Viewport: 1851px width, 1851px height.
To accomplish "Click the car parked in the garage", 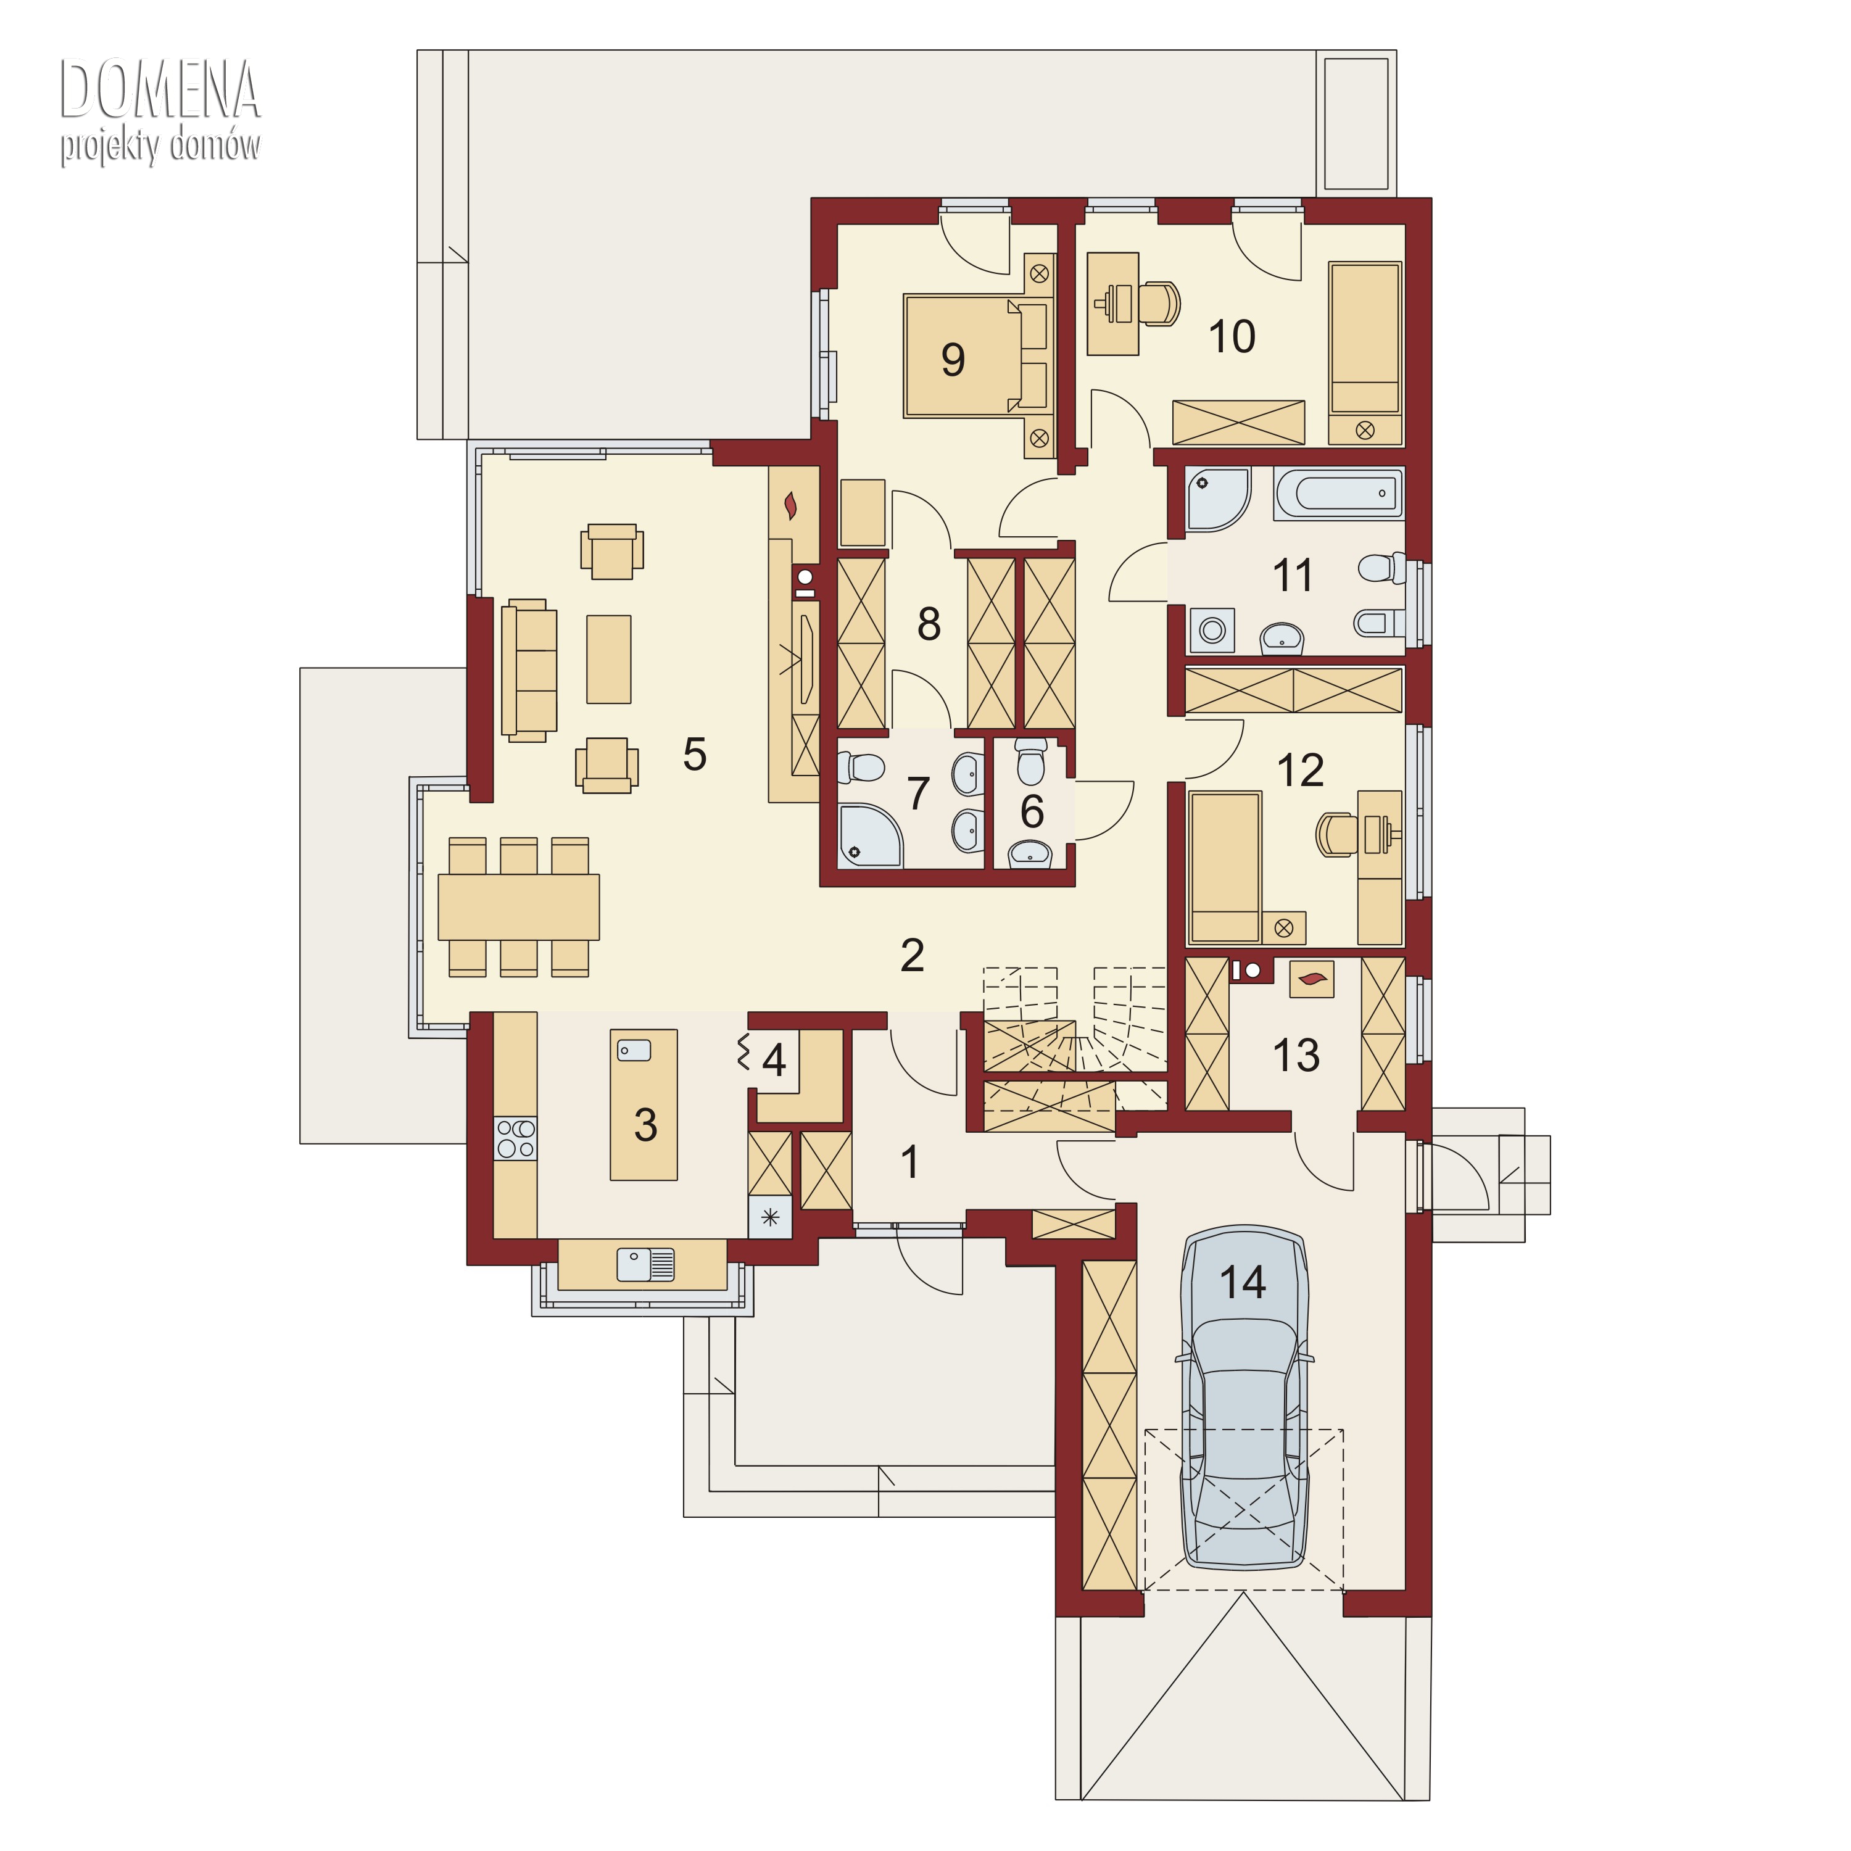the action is (1244, 1398).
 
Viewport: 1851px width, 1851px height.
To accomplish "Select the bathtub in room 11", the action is (1338, 494).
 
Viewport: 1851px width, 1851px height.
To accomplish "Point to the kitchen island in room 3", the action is (644, 1104).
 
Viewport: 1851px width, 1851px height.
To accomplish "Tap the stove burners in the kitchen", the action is (515, 1139).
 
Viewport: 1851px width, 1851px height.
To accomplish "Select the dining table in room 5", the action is (518, 906).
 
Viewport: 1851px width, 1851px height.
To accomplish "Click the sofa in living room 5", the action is (529, 671).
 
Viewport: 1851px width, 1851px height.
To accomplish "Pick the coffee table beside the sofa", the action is (608, 659).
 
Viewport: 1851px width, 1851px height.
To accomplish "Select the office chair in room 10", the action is (1158, 303).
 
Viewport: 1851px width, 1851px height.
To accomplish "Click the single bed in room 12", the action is (1224, 867).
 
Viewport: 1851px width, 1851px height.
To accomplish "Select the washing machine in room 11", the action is (1212, 629).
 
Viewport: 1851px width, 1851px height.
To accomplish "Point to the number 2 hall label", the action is (912, 955).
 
